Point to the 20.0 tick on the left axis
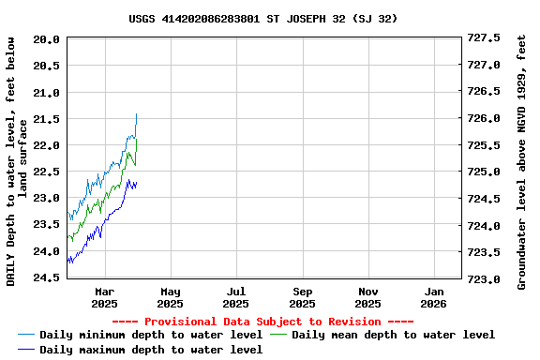(x=48, y=39)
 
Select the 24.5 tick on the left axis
(x=48, y=278)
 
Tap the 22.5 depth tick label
(x=48, y=172)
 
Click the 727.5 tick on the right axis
(x=484, y=38)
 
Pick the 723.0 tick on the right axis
(x=484, y=279)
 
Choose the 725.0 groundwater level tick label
(x=484, y=172)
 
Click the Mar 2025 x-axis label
(x=104, y=296)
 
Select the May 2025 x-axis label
(x=170, y=296)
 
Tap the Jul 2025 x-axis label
(x=236, y=296)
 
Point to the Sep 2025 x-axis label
(x=302, y=296)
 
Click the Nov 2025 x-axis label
(x=368, y=296)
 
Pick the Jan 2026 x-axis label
(x=434, y=296)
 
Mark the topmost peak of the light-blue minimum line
(x=136, y=114)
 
